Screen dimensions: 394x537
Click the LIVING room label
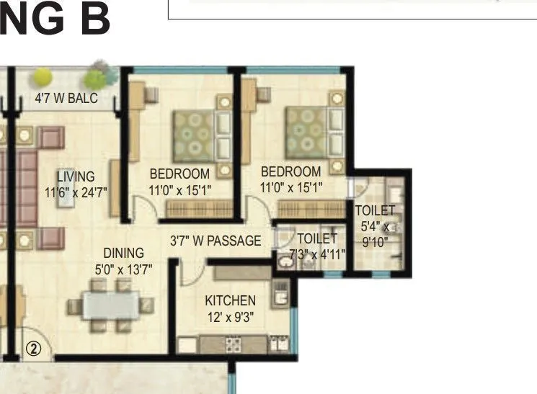tap(76, 176)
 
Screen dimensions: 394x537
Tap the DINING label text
tap(123, 253)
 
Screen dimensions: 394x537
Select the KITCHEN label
tap(230, 300)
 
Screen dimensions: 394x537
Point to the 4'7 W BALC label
tap(66, 99)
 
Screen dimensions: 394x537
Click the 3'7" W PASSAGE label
tap(216, 241)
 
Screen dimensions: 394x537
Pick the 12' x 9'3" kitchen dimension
tap(230, 316)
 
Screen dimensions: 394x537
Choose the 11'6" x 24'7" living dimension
tap(76, 192)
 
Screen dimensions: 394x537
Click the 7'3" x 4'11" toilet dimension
tap(317, 254)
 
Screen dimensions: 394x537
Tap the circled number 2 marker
tap(34, 347)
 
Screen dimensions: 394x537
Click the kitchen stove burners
tap(233, 344)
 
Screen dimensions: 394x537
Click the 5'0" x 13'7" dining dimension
tap(123, 268)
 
